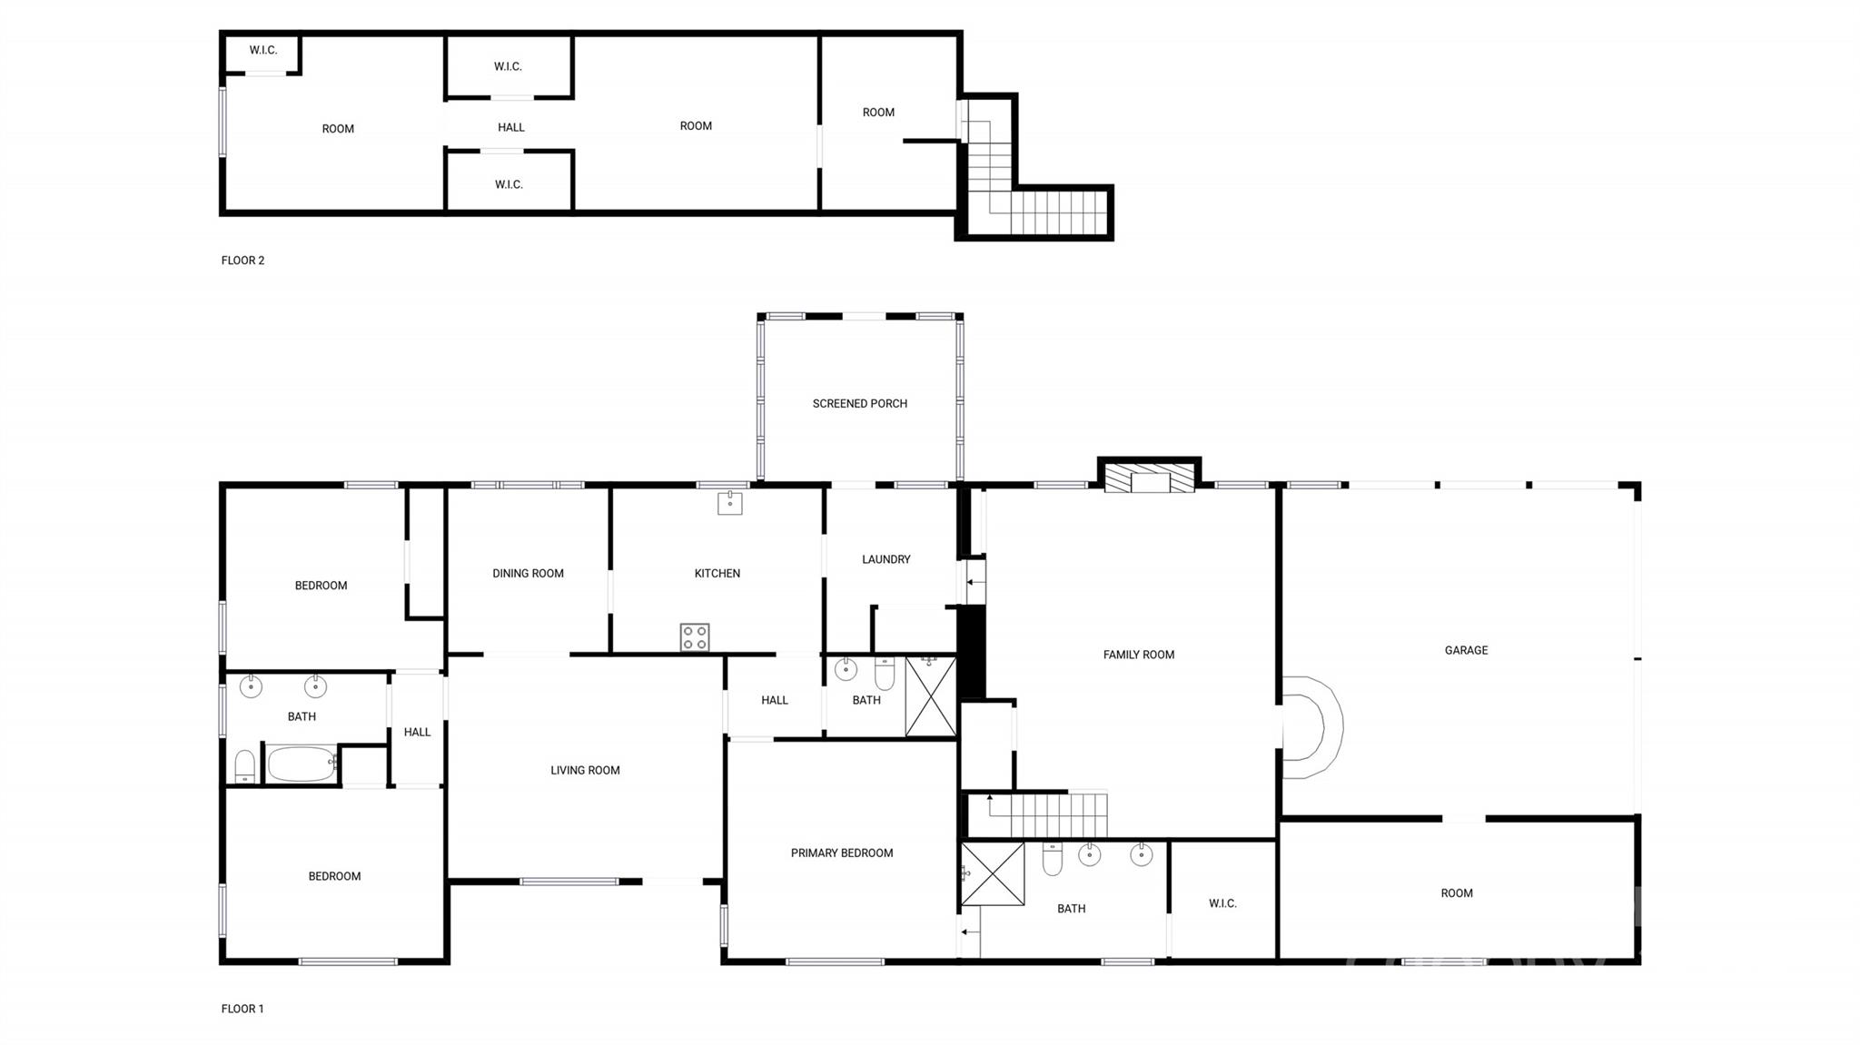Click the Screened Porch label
point(859,404)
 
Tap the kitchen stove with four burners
point(695,637)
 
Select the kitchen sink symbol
point(729,502)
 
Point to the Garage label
point(1466,650)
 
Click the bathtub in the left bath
point(301,764)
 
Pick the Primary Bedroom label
point(842,853)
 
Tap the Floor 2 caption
point(242,261)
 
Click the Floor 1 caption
point(242,1009)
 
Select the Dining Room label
point(528,574)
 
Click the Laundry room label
point(885,559)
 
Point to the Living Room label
point(585,771)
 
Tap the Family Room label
point(1138,655)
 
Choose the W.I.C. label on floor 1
point(1222,903)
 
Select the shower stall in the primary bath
point(993,874)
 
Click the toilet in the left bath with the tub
point(244,767)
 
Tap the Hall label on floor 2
point(511,128)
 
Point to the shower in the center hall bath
point(931,696)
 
